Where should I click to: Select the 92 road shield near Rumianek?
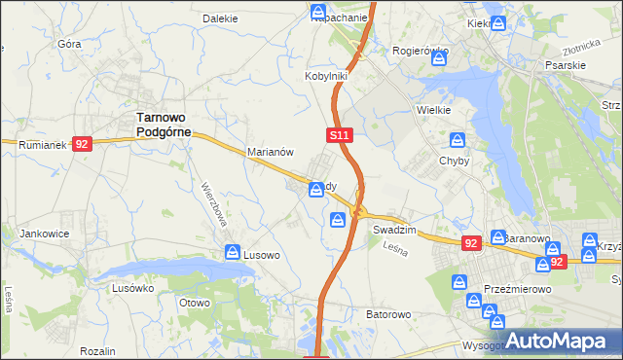click(x=82, y=144)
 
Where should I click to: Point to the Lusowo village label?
click(x=262, y=255)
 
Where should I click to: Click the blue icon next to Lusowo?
click(x=233, y=253)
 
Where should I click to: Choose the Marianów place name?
click(x=271, y=153)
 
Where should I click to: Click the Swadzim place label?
click(x=394, y=230)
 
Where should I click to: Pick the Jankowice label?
click(x=43, y=234)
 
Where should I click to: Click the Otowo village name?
click(x=195, y=303)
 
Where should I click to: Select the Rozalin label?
click(x=98, y=350)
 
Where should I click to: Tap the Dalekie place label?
click(x=220, y=18)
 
